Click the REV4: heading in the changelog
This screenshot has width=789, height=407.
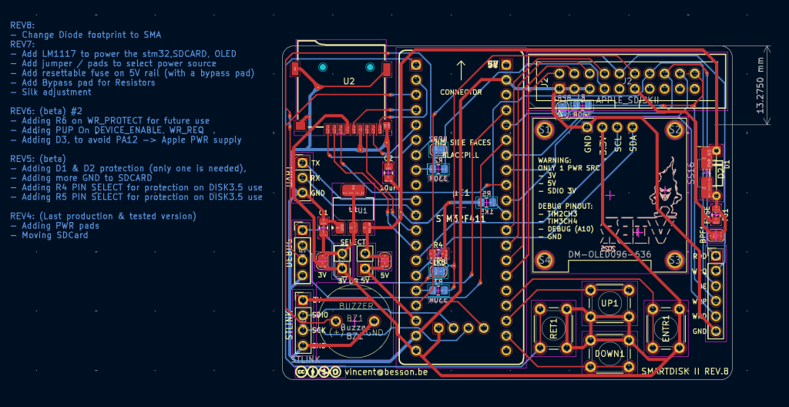24,216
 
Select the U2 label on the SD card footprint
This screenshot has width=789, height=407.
349,80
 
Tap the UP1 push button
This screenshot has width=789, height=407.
609,303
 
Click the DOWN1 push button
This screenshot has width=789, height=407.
609,352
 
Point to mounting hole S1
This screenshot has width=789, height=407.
545,129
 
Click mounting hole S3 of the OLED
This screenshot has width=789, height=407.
675,261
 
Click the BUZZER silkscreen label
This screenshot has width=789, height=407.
356,306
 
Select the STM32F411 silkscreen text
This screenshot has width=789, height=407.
461,219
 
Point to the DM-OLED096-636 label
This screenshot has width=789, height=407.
609,254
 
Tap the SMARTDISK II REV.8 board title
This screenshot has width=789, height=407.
685,371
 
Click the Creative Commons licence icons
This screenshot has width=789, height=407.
318,372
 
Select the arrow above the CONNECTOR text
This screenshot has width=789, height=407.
461,70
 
